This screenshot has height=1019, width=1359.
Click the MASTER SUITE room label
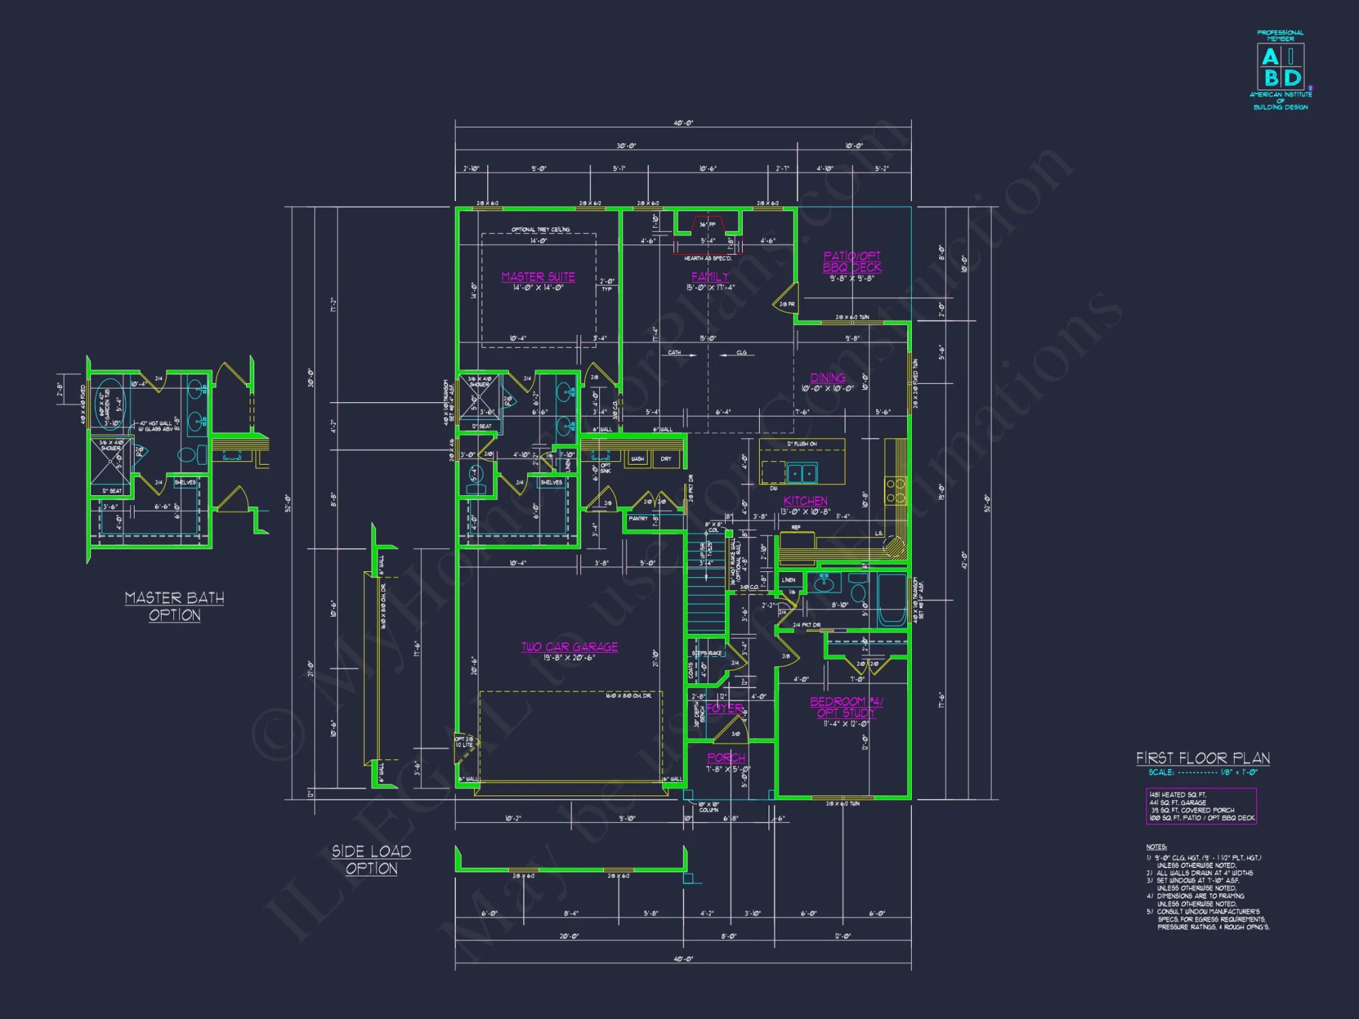point(537,276)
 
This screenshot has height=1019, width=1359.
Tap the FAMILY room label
point(710,276)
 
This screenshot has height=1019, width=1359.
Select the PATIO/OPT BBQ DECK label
point(852,262)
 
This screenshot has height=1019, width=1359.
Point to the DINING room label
point(828,378)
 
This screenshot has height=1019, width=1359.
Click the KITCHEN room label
point(805,501)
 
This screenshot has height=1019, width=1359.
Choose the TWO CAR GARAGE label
point(569,647)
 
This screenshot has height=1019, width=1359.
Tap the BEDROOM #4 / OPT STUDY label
point(846,707)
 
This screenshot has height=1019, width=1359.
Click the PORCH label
point(726,757)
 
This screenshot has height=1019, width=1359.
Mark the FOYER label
point(724,708)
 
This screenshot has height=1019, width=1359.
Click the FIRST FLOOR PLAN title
point(1203,758)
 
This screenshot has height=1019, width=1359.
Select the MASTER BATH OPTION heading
point(175,606)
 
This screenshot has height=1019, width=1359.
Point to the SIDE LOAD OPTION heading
point(371,859)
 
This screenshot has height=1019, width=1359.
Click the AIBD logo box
point(1280,67)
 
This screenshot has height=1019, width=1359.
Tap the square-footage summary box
point(1201,806)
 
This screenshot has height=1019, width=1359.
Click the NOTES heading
point(1156,847)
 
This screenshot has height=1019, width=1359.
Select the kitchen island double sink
point(802,473)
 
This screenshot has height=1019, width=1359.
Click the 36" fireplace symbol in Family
point(707,226)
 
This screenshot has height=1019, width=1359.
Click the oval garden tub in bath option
point(109,405)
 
